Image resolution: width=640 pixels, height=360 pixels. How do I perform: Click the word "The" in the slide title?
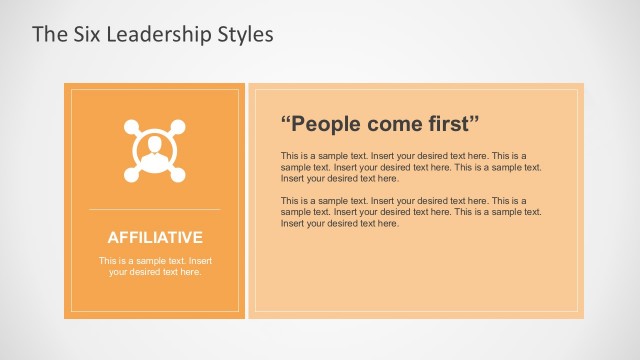tap(48, 35)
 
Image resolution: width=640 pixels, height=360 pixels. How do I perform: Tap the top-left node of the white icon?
tap(130, 127)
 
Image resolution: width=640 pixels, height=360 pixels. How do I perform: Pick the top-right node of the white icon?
tap(178, 127)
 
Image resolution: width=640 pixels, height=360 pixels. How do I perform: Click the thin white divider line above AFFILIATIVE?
tap(154, 209)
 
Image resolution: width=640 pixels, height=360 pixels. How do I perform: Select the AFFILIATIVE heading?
tap(155, 238)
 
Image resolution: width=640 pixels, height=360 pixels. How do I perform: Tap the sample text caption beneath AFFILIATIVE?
tap(155, 266)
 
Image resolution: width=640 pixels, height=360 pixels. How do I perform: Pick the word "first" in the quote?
tap(453, 125)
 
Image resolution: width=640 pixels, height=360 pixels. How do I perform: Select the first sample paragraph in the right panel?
tap(410, 167)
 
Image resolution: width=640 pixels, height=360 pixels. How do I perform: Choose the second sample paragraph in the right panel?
tap(410, 212)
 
